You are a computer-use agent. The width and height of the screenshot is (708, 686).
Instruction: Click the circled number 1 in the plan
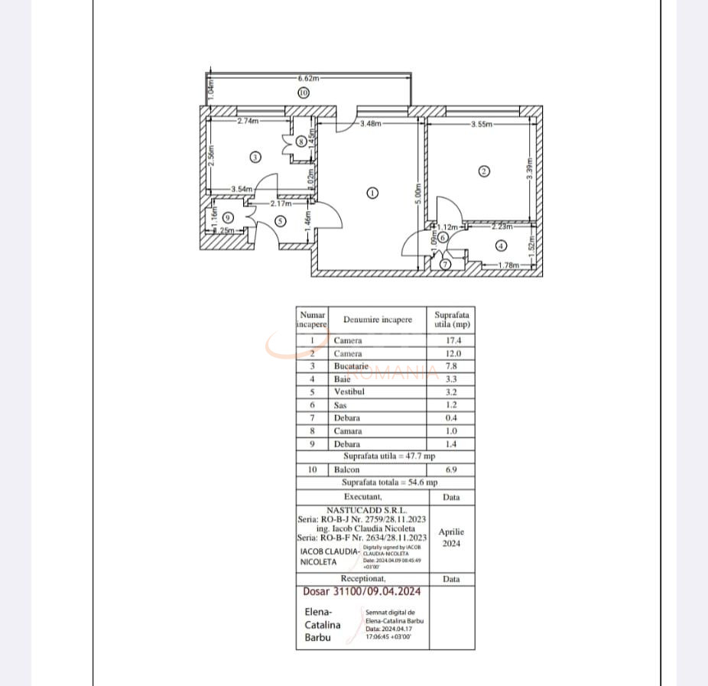pos(372,193)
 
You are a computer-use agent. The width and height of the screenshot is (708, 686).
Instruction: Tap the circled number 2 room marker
pos(483,171)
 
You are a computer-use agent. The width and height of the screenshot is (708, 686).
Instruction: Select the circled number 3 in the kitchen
pos(255,157)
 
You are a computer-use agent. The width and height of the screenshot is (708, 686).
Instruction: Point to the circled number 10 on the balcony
pos(304,93)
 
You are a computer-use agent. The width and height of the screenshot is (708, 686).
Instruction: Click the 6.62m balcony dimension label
pos(309,78)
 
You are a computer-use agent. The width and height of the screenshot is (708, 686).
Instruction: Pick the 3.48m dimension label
pos(371,122)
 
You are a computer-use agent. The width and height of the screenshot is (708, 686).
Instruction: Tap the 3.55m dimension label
pos(482,123)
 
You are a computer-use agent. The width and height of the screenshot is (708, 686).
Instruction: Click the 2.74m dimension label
pos(248,121)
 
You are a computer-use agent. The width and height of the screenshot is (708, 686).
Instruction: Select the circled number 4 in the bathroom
pos(501,246)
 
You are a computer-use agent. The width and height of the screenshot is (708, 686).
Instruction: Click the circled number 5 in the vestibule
pos(280,221)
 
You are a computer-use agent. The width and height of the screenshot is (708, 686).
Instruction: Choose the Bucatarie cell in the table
pos(351,366)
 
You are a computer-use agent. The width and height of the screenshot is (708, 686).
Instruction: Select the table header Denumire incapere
pos(378,320)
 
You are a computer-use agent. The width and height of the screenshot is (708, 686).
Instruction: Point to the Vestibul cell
pos(349,392)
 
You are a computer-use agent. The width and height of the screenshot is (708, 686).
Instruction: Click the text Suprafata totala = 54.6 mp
pos(389,483)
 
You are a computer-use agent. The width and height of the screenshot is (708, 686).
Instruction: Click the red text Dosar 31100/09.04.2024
pos(362,591)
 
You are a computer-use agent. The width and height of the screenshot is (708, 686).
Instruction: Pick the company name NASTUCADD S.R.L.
pos(367,509)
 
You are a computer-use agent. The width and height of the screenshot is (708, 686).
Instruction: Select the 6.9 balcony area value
pos(451,470)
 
